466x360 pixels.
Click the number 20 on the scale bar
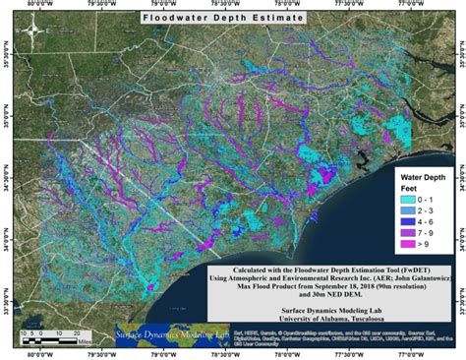point(76,334)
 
